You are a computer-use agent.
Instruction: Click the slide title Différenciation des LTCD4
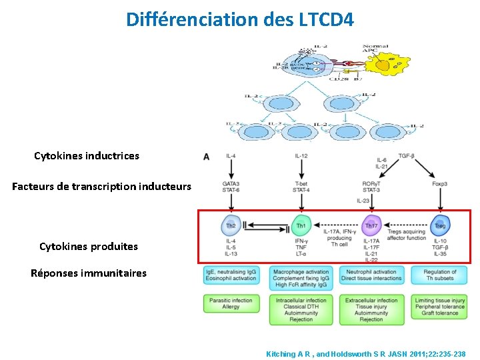[240, 19]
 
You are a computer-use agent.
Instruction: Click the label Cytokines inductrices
[87, 156]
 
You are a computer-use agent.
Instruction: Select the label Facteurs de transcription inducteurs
[101, 187]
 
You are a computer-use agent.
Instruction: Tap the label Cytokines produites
[89, 247]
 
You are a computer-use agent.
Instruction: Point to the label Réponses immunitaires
[89, 273]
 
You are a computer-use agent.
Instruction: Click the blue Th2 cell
[231, 225]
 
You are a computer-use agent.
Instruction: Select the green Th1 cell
[301, 225]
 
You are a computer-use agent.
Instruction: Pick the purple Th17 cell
[371, 225]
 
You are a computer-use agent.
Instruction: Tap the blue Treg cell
[440, 225]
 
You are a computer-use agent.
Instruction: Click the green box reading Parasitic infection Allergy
[231, 303]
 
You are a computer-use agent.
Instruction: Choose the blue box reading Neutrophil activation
[371, 275]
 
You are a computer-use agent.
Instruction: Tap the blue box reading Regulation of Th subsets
[439, 275]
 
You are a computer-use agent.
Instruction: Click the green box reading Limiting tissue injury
[439, 307]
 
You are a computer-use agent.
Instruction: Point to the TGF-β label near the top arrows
[406, 155]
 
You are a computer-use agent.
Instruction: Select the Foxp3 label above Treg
[439, 183]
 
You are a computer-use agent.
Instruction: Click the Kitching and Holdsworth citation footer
[366, 353]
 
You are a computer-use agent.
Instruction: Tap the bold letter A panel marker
[206, 157]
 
